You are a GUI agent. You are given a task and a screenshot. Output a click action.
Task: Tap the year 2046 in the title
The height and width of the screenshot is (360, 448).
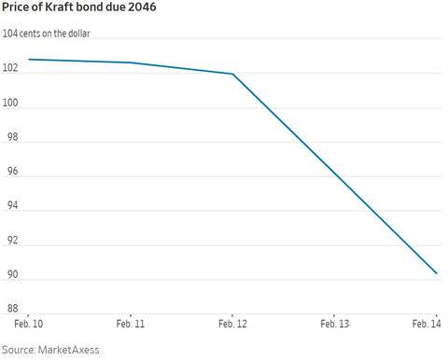pos(142,7)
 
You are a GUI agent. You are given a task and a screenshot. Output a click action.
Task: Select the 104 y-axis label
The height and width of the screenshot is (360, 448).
pos(10,34)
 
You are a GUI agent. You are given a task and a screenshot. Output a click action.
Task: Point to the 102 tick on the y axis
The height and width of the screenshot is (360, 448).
pos(10,68)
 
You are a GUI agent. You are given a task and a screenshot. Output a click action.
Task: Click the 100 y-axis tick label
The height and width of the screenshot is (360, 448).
pos(10,103)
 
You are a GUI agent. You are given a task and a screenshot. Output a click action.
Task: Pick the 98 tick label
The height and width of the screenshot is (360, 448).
pos(12,137)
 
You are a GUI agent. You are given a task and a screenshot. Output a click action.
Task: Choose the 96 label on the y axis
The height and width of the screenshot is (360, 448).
pos(12,172)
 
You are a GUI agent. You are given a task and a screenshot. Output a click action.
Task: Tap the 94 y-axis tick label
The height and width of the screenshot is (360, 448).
pos(12,205)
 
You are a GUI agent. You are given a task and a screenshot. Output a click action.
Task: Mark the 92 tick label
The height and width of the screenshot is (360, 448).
pos(12,241)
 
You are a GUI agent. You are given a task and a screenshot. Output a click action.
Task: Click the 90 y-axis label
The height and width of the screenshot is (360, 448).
pos(12,274)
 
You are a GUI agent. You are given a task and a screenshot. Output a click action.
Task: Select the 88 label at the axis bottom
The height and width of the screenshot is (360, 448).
pos(12,309)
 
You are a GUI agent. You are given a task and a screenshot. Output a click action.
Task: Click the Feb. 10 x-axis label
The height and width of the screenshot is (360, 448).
pos(29,324)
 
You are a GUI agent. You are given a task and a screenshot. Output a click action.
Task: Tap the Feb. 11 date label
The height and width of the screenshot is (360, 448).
pos(131,324)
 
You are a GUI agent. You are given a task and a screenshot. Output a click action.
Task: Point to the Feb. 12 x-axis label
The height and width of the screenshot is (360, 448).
pos(232,324)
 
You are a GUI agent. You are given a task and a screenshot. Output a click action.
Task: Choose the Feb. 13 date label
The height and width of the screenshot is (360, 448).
pos(335,324)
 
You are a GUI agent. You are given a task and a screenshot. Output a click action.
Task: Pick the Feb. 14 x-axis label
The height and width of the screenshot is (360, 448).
pos(427,324)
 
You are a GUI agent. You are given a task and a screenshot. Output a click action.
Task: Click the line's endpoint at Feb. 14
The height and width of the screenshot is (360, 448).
pos(437,273)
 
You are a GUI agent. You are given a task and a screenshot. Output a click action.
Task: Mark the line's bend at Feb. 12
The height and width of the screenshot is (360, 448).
pos(232,74)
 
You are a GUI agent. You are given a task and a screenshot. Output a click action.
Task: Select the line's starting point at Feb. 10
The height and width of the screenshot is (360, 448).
pos(29,59)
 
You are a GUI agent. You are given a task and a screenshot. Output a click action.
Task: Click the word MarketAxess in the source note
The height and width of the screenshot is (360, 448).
pos(69,350)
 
